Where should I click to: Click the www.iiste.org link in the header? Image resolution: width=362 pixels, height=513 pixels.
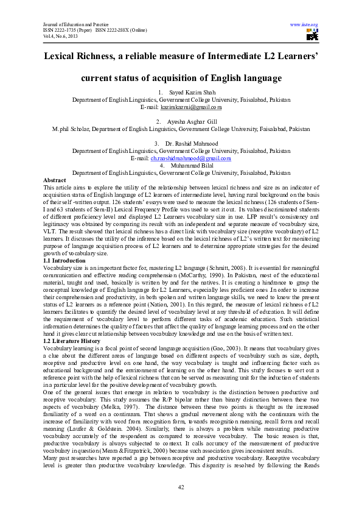pyautogui.click(x=304, y=25)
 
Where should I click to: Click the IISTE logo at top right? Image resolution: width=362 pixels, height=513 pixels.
pyautogui.click(x=312, y=35)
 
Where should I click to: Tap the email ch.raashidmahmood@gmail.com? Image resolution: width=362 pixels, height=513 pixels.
pyautogui.click(x=190, y=158)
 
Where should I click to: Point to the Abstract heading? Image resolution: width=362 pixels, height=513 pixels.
pyautogui.click(x=55, y=180)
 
